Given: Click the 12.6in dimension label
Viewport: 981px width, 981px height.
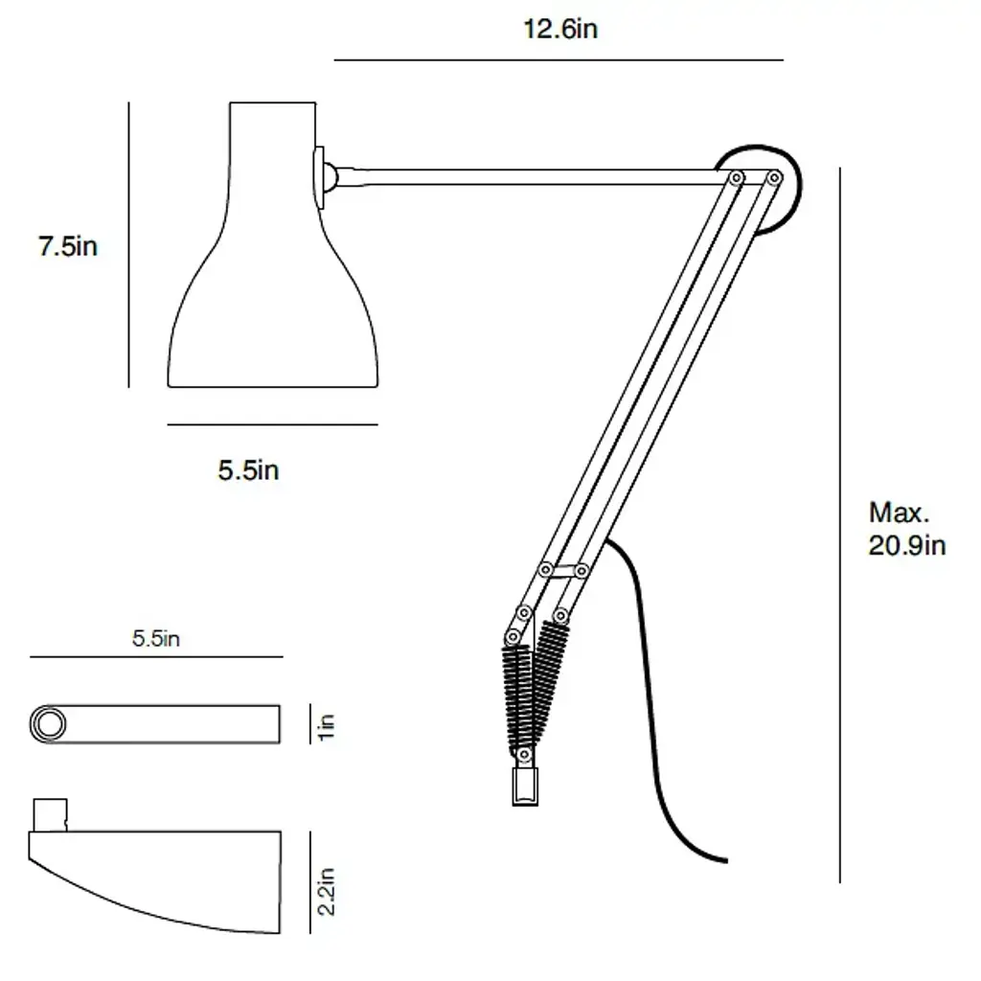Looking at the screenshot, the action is click(559, 29).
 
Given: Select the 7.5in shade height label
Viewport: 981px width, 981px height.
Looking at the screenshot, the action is click(68, 246).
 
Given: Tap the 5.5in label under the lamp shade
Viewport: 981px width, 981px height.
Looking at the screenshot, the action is click(248, 469).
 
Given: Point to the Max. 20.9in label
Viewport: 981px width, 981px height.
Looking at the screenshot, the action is click(906, 529).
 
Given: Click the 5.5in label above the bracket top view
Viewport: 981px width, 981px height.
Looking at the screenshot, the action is click(156, 638).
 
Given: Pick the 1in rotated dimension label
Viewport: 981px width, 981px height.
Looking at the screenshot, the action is click(326, 726).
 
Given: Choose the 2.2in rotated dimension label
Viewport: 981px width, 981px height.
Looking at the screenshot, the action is click(326, 892).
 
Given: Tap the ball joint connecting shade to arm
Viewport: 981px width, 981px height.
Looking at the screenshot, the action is click(330, 177).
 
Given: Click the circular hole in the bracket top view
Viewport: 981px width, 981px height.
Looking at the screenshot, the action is click(48, 724).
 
